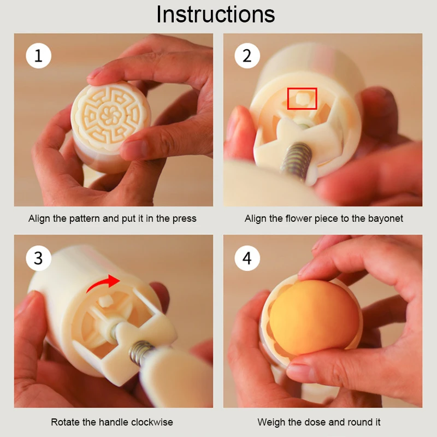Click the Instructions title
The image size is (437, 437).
point(215,14)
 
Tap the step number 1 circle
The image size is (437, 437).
point(38,56)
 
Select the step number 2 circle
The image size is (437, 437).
point(247,56)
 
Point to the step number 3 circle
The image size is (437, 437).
point(38,258)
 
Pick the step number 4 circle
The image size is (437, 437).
point(247,258)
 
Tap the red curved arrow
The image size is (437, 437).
point(103,283)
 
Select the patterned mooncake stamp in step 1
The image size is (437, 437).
point(111,114)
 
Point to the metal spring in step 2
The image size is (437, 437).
point(296,160)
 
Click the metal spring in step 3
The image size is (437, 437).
point(141,352)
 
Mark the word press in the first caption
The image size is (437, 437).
point(184,219)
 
